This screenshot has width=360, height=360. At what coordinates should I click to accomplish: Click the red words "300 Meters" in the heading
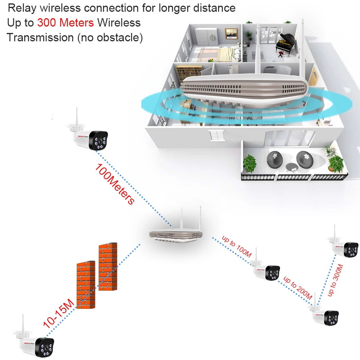(x=65, y=23)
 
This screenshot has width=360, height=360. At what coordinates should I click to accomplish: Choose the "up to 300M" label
(x=336, y=281)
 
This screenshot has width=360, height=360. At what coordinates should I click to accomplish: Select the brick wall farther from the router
(x=86, y=284)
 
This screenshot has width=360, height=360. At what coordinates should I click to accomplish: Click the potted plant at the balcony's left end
(x=250, y=163)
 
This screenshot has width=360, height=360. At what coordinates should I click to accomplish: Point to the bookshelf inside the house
(x=189, y=72)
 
